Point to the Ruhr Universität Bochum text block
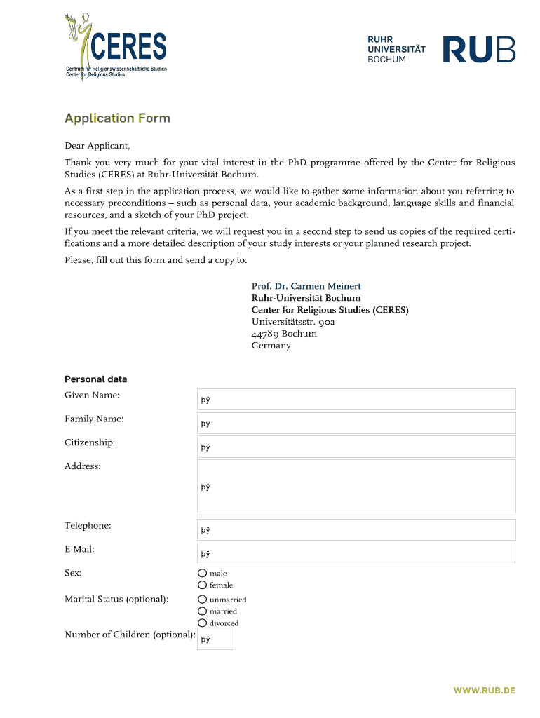396,50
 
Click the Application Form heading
117,118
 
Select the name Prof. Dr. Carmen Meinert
306,286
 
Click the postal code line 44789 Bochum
284,334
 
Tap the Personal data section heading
95,379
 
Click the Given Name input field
356,400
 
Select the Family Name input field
356,424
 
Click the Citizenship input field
356,447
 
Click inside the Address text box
356,487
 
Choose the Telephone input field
356,530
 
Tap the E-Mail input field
356,554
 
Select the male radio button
203,573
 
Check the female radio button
203,585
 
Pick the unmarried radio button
203,600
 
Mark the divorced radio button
203,623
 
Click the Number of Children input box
215,639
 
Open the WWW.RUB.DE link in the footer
484,691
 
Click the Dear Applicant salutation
97,146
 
